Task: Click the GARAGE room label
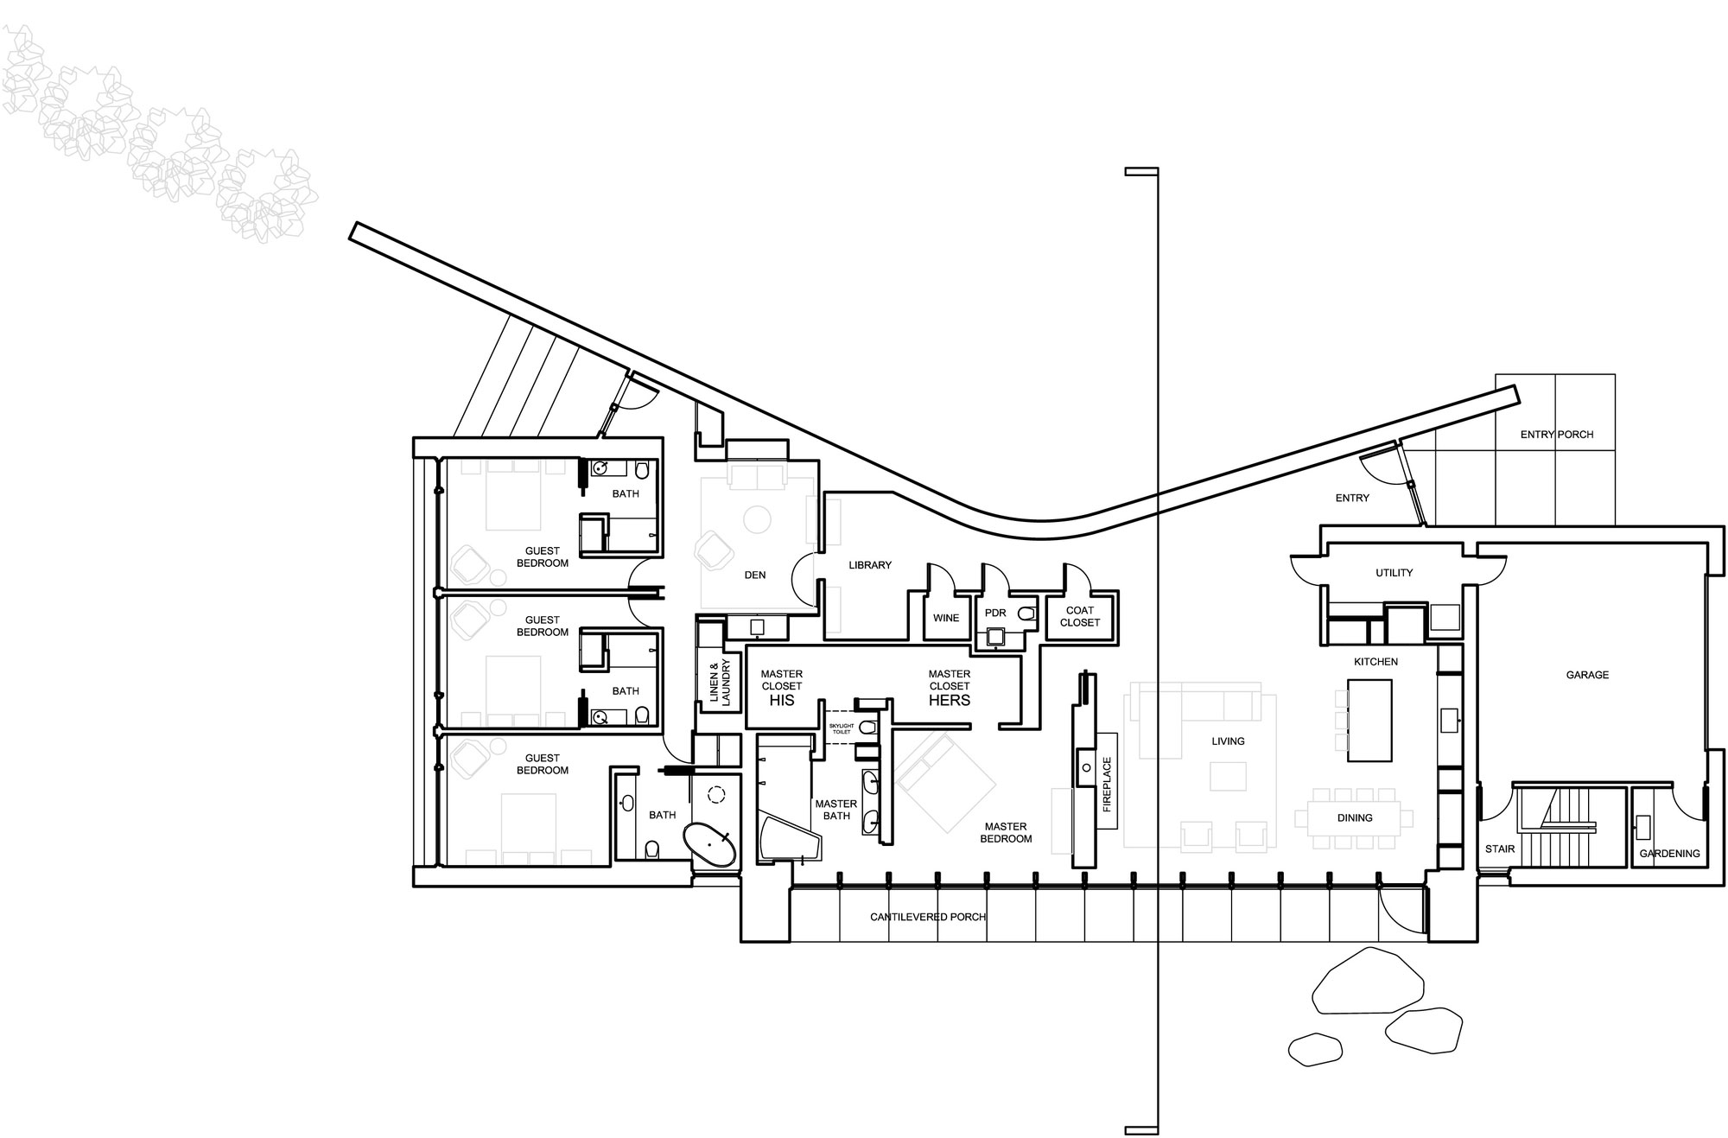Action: point(1587,675)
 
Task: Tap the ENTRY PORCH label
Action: point(1557,435)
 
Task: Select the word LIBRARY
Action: point(870,565)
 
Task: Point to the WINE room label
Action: point(946,618)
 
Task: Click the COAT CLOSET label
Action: point(1080,616)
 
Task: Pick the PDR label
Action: point(995,613)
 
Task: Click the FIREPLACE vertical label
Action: point(1107,785)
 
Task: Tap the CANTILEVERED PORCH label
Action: point(928,917)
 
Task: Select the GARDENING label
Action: point(1670,853)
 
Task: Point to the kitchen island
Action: point(1370,720)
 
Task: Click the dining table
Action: point(1355,817)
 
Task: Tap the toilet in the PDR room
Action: point(1026,614)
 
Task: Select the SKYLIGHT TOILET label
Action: point(842,728)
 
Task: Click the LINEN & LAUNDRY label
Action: point(720,683)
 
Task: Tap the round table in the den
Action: point(758,519)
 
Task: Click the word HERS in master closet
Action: point(950,700)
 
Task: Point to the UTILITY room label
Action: point(1394,573)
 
